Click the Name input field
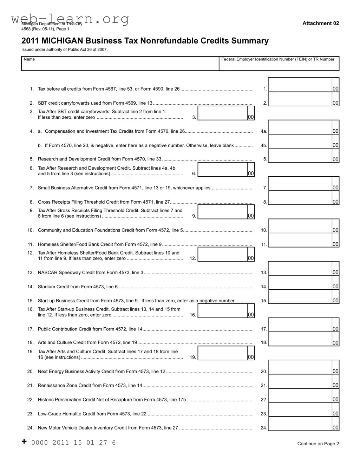120,65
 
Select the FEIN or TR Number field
279,65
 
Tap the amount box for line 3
223,113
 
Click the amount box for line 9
223,212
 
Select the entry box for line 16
223,311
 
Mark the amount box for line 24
300,424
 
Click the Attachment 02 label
321,23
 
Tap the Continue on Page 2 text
318,444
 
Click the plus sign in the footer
24,441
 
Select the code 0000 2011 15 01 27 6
73,442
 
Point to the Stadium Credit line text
78,287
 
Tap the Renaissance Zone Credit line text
90,385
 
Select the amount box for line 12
223,254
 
